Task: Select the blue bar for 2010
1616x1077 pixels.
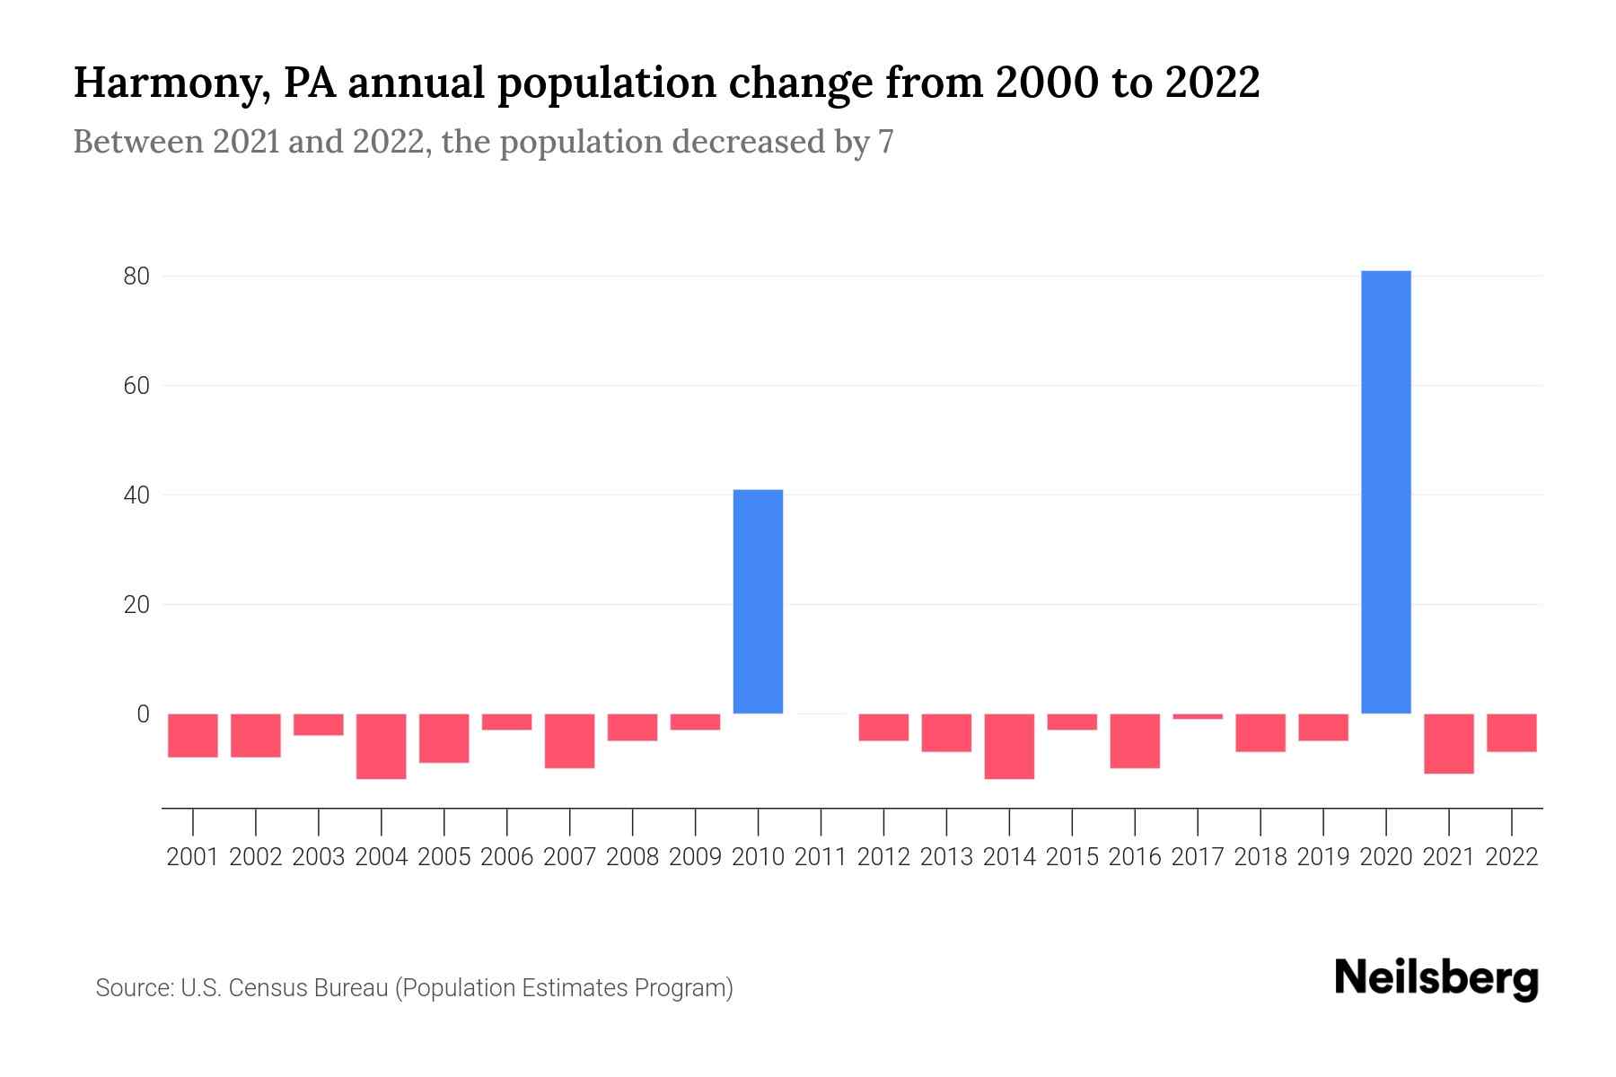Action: click(x=758, y=601)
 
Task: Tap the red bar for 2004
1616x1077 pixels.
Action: click(x=382, y=746)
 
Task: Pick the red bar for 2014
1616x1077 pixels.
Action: click(x=1009, y=746)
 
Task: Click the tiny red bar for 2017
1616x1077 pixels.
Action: click(x=1198, y=716)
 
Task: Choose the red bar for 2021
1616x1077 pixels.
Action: click(x=1448, y=743)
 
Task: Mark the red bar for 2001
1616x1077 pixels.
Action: click(x=193, y=735)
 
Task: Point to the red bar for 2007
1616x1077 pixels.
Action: click(x=569, y=740)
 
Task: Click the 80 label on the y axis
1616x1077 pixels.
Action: click(x=136, y=276)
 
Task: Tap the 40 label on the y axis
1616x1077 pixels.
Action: click(x=136, y=495)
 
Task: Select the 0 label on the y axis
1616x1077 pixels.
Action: click(x=143, y=714)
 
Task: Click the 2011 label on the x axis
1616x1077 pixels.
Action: click(x=821, y=857)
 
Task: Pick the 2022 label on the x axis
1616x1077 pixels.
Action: click(x=1512, y=857)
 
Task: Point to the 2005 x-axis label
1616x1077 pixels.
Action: click(x=444, y=857)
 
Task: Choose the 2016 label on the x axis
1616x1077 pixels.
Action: click(x=1135, y=857)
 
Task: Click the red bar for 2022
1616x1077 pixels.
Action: click(x=1511, y=732)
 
